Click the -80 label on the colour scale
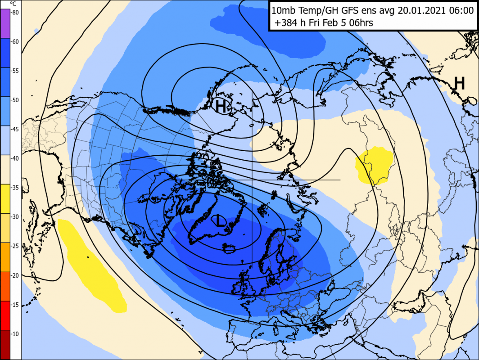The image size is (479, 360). (x=15, y=12)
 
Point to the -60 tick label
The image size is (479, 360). (x=15, y=41)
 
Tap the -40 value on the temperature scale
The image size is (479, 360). (x=15, y=158)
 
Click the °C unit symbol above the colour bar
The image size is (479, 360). (x=13, y=3)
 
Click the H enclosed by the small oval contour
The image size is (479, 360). (x=221, y=106)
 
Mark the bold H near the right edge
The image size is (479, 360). (x=459, y=83)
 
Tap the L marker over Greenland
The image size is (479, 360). (x=219, y=220)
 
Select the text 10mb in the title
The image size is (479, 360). (x=285, y=9)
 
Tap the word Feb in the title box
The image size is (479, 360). (x=333, y=22)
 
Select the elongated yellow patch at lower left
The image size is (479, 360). (x=92, y=265)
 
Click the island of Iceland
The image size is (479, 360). (x=230, y=247)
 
